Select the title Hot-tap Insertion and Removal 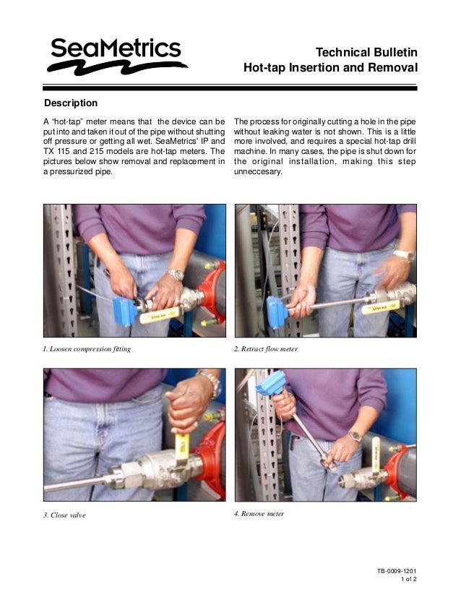tap(330, 69)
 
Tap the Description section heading tap(71, 103)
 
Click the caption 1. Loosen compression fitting tap(87, 349)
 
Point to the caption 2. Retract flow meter tap(266, 349)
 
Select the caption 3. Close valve tap(64, 515)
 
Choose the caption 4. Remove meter tap(259, 514)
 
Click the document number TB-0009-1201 tap(397, 571)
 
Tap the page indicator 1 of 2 tap(408, 580)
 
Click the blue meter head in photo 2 tap(277, 308)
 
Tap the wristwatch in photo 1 tap(176, 275)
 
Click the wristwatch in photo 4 tap(355, 436)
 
